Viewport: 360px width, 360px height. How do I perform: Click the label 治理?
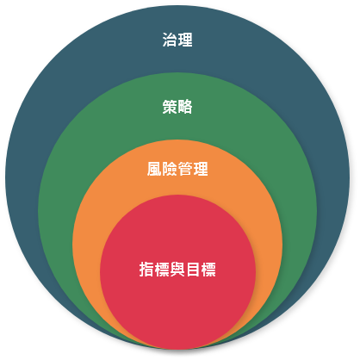pyautogui.click(x=177, y=40)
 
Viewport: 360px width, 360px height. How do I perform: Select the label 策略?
pyautogui.click(x=177, y=107)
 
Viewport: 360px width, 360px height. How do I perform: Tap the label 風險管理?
pyautogui.click(x=177, y=169)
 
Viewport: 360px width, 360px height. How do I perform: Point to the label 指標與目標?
pyautogui.click(x=177, y=270)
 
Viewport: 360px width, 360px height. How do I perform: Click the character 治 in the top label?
pyautogui.click(x=170, y=40)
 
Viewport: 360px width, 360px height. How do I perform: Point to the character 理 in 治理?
pyautogui.click(x=185, y=40)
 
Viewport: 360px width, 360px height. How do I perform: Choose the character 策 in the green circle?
pyautogui.click(x=170, y=107)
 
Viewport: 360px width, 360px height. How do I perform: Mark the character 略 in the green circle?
pyautogui.click(x=185, y=107)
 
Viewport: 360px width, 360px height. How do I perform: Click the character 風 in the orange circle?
pyautogui.click(x=154, y=169)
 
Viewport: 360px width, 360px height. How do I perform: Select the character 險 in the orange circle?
pyautogui.click(x=170, y=169)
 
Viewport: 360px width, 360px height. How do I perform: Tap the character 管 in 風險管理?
pyautogui.click(x=185, y=169)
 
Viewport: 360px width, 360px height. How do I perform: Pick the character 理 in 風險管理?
pyautogui.click(x=201, y=169)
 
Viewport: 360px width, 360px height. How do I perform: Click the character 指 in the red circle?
pyautogui.click(x=146, y=270)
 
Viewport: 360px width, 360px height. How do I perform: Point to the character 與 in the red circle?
pyautogui.click(x=177, y=270)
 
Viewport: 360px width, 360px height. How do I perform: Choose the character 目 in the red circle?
pyautogui.click(x=193, y=270)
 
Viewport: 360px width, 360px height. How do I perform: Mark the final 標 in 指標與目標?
pyautogui.click(x=208, y=270)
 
